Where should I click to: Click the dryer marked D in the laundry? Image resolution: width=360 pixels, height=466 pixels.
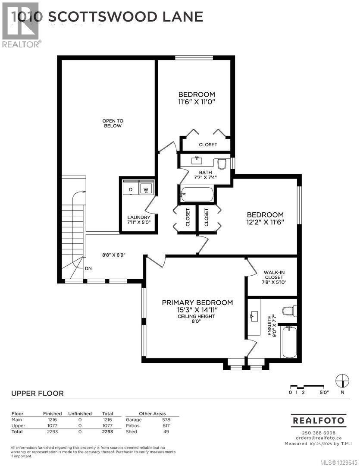pyautogui.click(x=130, y=189)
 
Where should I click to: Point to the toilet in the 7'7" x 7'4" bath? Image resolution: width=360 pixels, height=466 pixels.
pyautogui.click(x=222, y=164)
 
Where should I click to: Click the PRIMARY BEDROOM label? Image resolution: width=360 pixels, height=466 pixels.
pyautogui.click(x=197, y=302)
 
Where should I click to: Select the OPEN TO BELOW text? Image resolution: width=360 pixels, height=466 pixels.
pyautogui.click(x=112, y=123)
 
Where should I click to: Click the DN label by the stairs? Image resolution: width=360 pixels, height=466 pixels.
pyautogui.click(x=88, y=268)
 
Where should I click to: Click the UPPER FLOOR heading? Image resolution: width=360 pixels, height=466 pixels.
pyautogui.click(x=37, y=393)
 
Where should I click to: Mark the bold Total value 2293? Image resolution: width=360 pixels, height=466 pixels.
pyautogui.click(x=107, y=431)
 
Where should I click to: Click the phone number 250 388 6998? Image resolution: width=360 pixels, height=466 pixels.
pyautogui.click(x=318, y=433)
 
